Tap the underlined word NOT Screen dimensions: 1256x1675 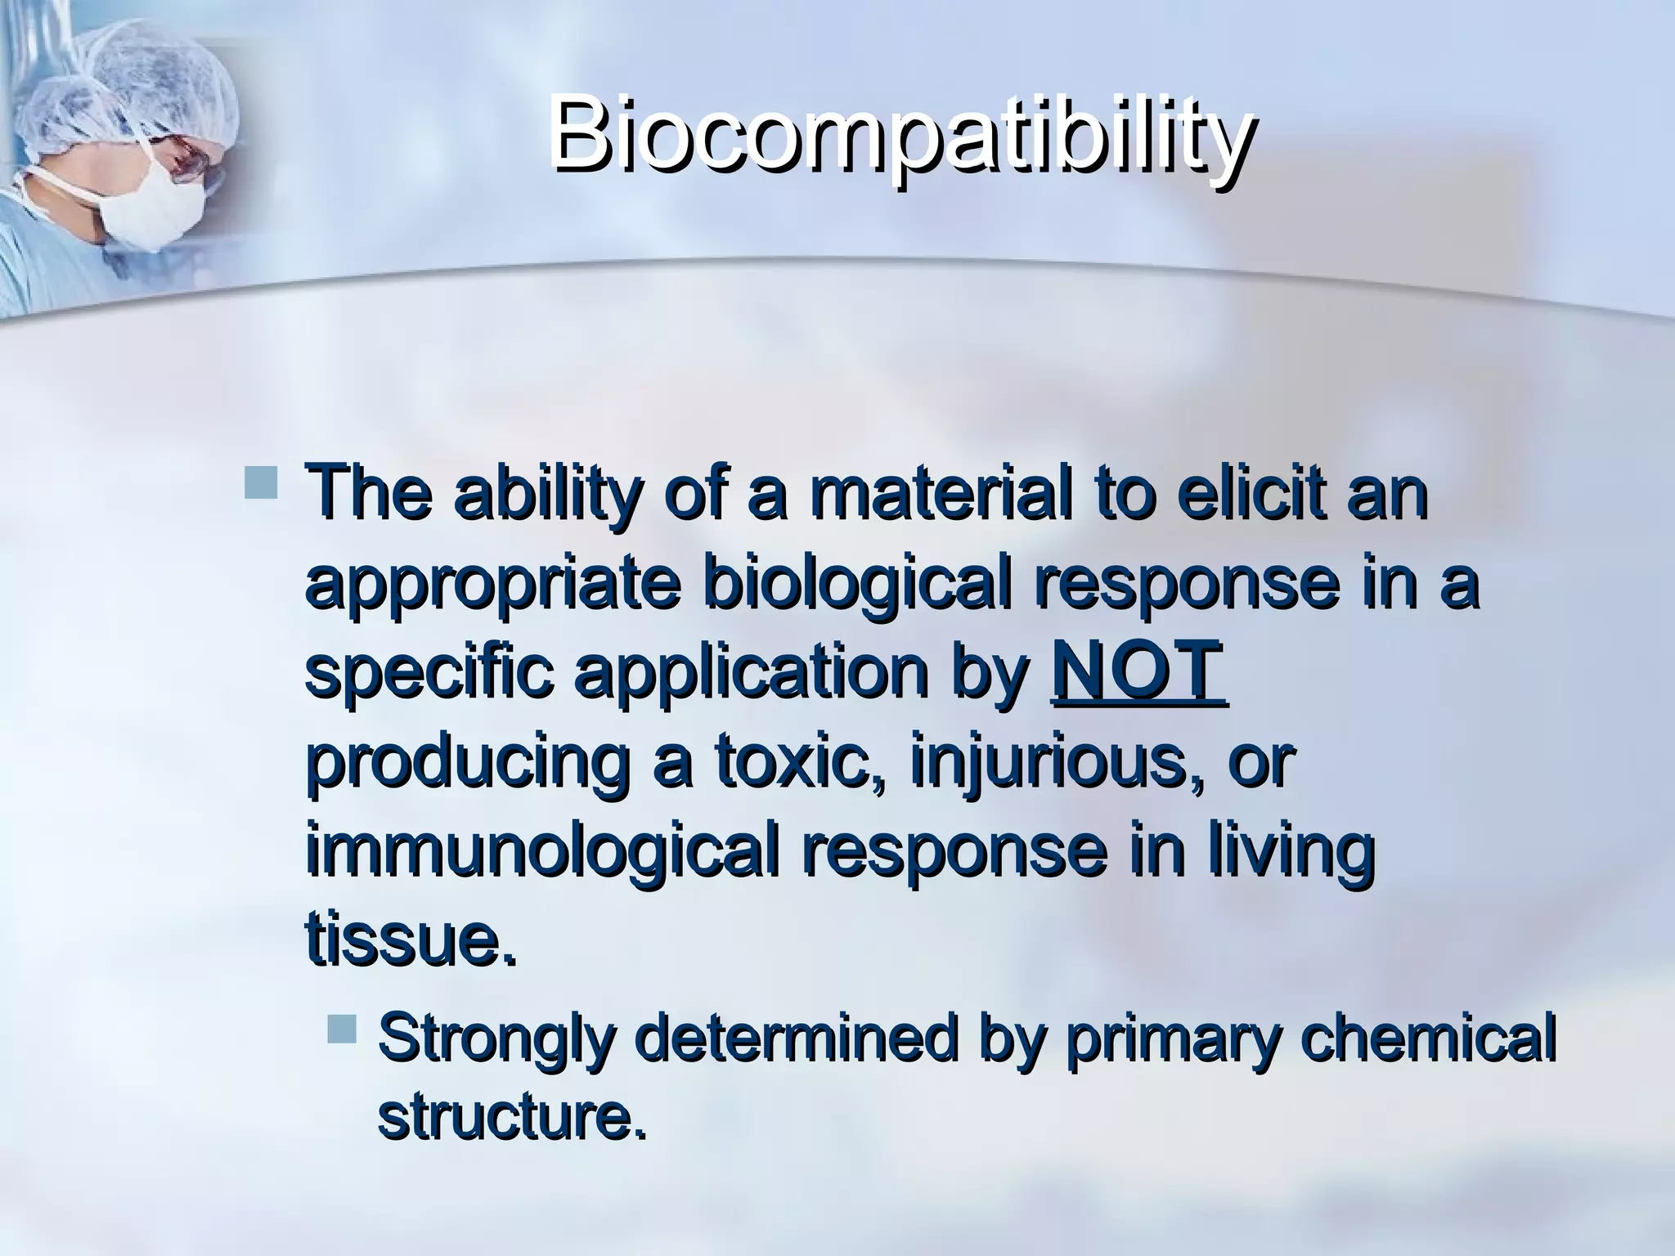[x=1138, y=673]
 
